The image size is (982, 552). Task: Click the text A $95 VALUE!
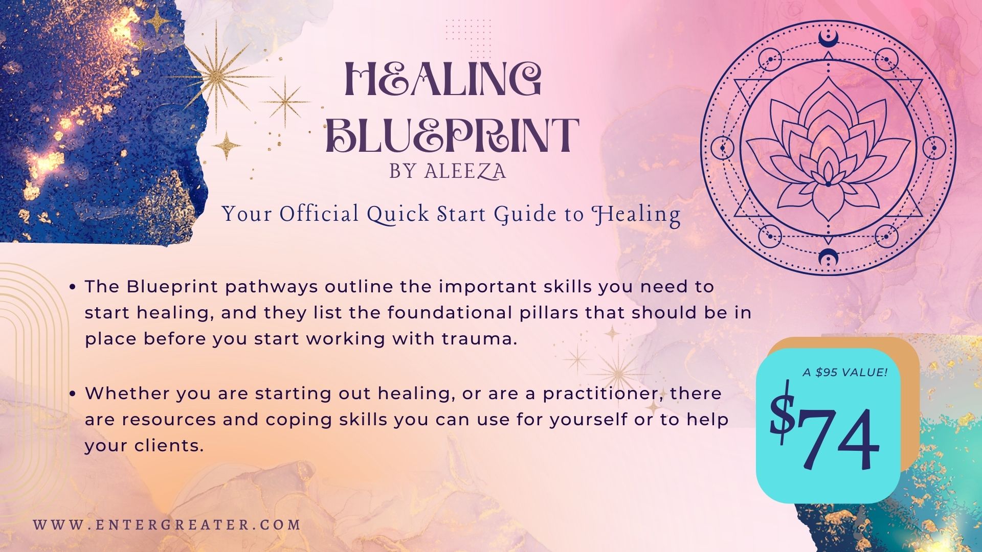point(845,372)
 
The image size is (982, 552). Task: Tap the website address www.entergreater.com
point(167,525)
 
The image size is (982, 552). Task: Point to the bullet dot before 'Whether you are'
point(73,394)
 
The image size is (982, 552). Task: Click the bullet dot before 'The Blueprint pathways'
point(73,287)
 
